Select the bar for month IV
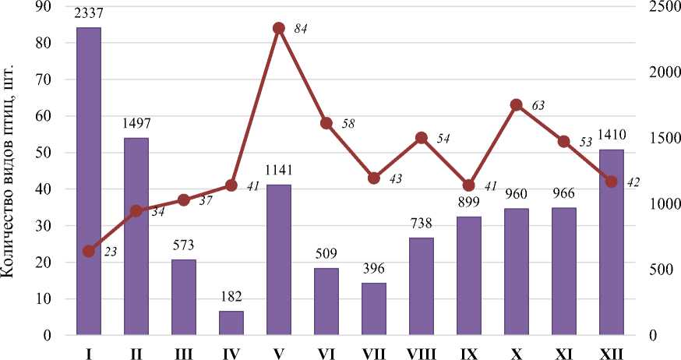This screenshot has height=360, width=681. (231, 323)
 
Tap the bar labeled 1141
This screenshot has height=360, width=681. (279, 260)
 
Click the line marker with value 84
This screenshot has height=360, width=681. (279, 28)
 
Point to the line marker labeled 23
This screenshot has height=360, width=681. (89, 251)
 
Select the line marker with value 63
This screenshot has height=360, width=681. (516, 104)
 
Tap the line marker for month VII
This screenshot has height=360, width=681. (374, 178)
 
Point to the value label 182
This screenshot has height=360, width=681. (231, 297)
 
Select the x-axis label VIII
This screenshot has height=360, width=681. (421, 354)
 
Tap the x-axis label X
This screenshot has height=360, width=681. (516, 354)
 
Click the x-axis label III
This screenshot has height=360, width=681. (184, 354)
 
